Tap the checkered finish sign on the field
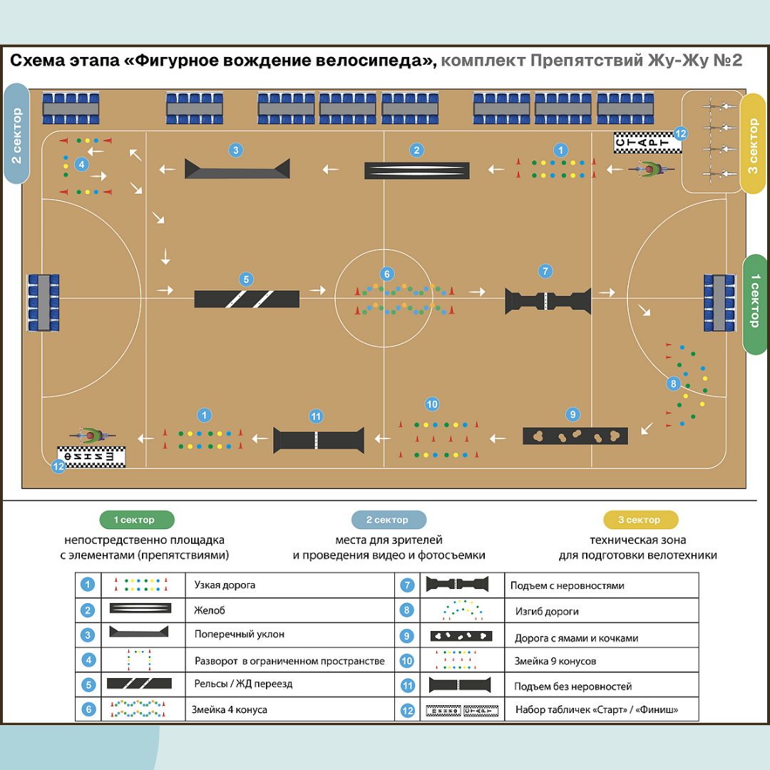pyautogui.click(x=91, y=456)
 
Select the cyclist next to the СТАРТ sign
pyautogui.click(x=650, y=170)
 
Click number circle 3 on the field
pyautogui.click(x=236, y=150)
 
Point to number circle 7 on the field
pyautogui.click(x=545, y=271)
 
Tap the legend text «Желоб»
pyautogui.click(x=210, y=610)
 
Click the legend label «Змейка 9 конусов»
pyautogui.click(x=555, y=661)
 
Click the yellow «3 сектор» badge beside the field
pyautogui.click(x=753, y=144)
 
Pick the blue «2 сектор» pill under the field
pyautogui.click(x=389, y=520)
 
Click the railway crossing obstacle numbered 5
pyautogui.click(x=247, y=299)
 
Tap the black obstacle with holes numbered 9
pyautogui.click(x=575, y=435)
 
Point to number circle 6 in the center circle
pyautogui.click(x=386, y=274)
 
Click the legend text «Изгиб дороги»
pyautogui.click(x=547, y=611)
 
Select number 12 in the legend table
pyautogui.click(x=407, y=710)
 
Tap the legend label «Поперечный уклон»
pyautogui.click(x=230, y=634)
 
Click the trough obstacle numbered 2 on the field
pyautogui.click(x=417, y=170)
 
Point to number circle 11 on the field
pyautogui.click(x=317, y=416)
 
